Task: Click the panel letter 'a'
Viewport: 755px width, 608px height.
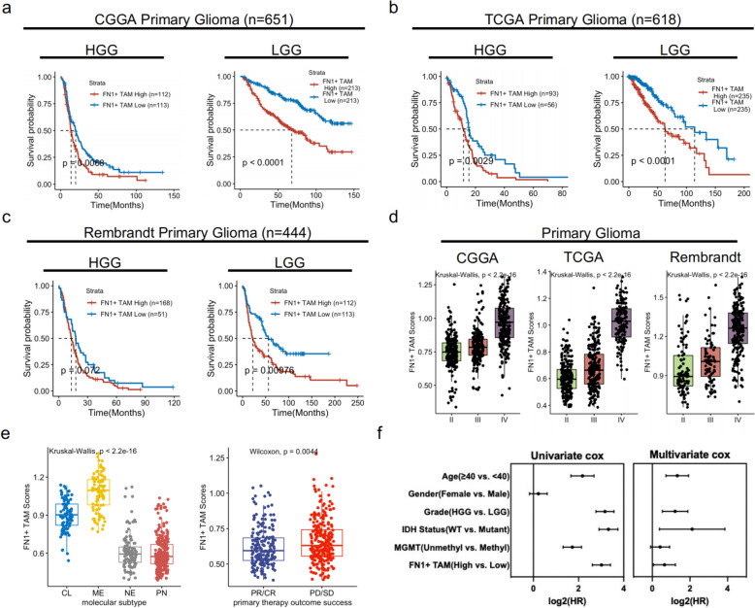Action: (x=8, y=10)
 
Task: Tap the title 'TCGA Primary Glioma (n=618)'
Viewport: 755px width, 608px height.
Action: (x=572, y=18)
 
